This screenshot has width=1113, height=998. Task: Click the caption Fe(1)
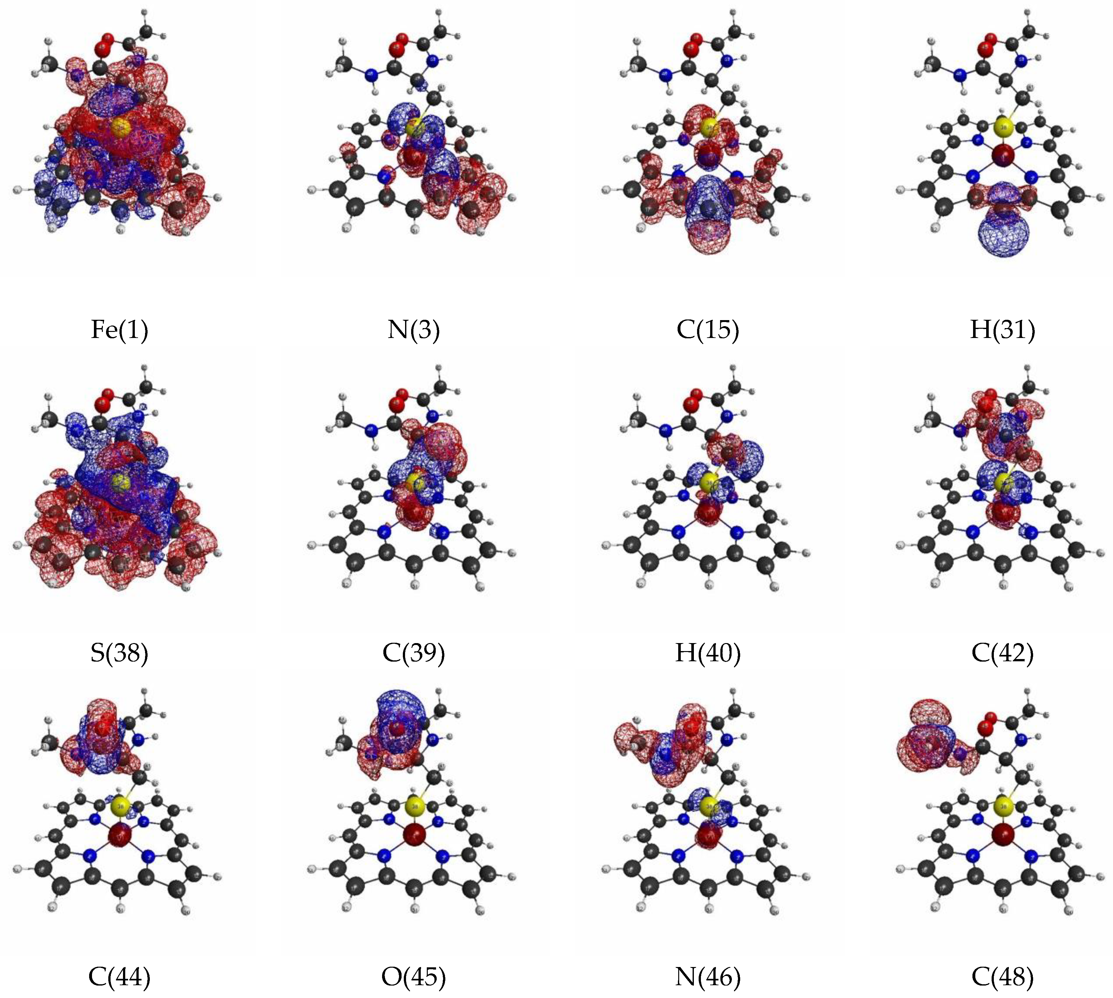[x=119, y=330]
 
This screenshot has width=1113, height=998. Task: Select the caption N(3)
[x=413, y=330]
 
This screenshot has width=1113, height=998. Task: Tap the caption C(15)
[x=708, y=330]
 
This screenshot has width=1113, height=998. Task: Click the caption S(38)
[x=119, y=653]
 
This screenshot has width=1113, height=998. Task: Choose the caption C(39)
[x=413, y=653]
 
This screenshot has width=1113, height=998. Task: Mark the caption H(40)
[x=708, y=653]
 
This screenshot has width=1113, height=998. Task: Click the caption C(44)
[x=119, y=976]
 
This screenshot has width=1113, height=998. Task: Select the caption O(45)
[x=413, y=976]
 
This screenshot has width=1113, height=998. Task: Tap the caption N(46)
[x=708, y=976]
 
